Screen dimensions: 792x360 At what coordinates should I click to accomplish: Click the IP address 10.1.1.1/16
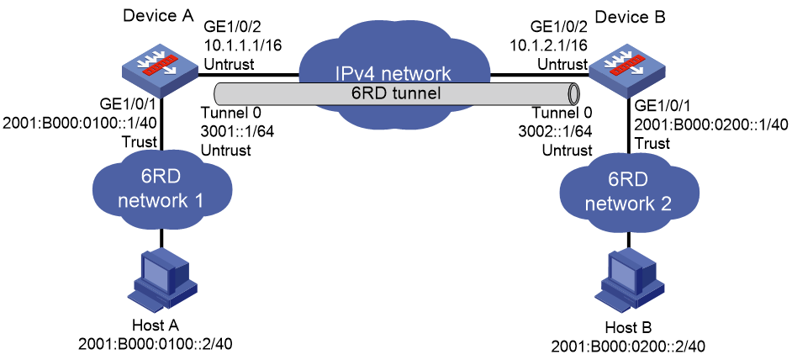(x=242, y=45)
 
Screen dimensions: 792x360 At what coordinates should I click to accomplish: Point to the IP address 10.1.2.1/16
(x=547, y=45)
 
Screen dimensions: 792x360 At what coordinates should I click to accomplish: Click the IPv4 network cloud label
(x=393, y=74)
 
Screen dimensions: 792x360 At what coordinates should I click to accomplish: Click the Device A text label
(x=158, y=16)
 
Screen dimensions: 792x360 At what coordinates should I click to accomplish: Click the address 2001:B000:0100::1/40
(x=76, y=124)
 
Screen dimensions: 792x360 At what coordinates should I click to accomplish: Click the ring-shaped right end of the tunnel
(x=573, y=94)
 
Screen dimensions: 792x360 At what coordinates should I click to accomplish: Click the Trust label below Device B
(x=653, y=143)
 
